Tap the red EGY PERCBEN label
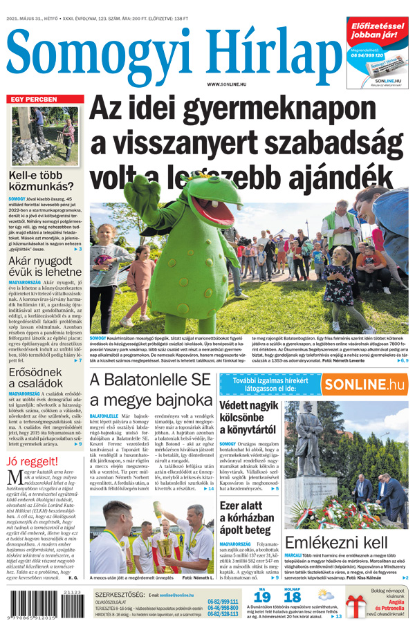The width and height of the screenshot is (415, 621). tap(33, 100)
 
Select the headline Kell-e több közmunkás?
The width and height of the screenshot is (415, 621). tap(41, 183)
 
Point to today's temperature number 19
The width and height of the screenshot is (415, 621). tap(261, 597)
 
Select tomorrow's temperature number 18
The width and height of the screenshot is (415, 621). tap(293, 597)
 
